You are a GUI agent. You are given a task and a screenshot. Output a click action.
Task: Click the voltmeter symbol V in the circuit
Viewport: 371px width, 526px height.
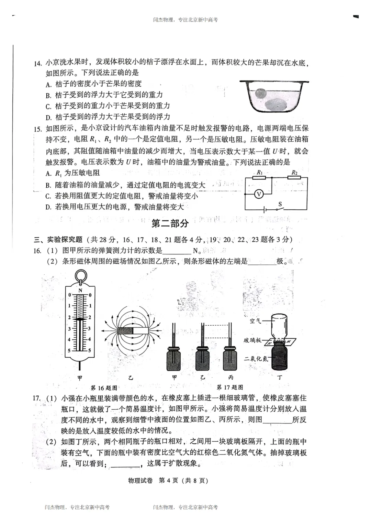coord(259,194)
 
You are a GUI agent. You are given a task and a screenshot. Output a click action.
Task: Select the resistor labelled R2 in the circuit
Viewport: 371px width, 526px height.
coord(294,178)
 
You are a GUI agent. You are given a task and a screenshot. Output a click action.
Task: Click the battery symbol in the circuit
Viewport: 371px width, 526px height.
coord(264,209)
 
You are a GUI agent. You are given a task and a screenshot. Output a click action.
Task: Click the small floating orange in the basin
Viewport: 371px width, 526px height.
coord(260,94)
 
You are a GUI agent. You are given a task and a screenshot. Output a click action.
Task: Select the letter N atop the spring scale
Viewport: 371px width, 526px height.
coord(80,291)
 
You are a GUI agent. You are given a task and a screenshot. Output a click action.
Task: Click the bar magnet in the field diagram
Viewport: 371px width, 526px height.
coord(133,331)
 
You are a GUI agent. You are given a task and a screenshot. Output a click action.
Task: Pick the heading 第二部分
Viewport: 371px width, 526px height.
coord(170,223)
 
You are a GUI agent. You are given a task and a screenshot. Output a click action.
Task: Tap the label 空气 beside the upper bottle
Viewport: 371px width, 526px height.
coord(255,321)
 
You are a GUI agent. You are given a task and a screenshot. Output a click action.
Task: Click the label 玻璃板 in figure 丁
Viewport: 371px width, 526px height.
coord(252,340)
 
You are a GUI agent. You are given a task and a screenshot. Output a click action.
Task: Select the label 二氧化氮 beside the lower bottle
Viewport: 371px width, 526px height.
coord(256,359)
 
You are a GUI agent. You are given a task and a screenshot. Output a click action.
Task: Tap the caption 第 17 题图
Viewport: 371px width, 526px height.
coord(230,387)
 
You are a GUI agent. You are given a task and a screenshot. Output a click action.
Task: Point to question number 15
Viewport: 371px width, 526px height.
coord(37,129)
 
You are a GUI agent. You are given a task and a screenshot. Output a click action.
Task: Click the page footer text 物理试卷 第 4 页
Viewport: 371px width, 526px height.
coord(168,481)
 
